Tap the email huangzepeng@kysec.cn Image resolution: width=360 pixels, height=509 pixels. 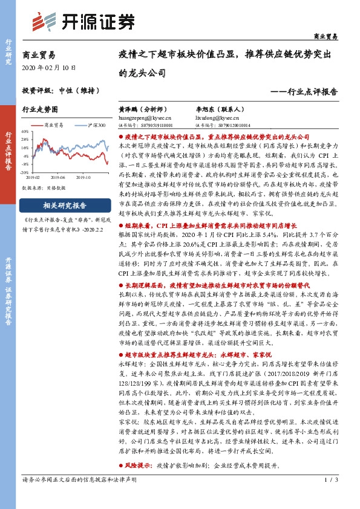(x=153, y=118)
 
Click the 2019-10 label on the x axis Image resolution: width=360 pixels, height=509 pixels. (x=83, y=178)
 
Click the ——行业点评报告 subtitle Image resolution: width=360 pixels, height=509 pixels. (x=303, y=92)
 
